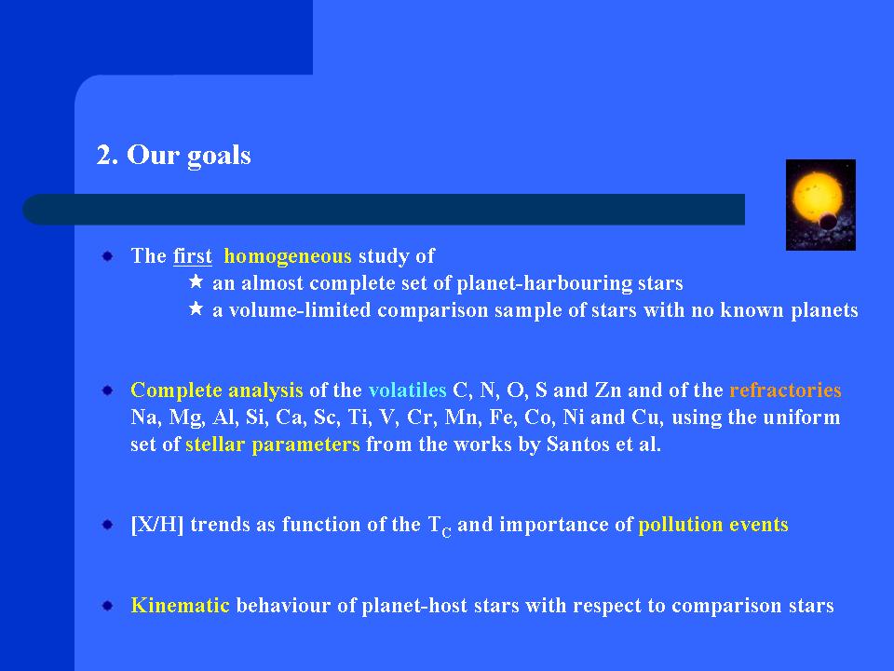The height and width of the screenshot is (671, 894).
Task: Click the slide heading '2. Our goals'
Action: [174, 156]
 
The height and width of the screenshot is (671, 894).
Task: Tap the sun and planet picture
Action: [820, 205]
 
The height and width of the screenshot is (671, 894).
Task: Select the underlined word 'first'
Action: [193, 256]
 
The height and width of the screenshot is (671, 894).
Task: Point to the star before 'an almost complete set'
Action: [196, 281]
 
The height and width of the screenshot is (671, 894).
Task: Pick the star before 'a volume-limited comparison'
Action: [196, 308]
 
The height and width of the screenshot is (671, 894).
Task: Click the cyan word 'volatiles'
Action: [407, 390]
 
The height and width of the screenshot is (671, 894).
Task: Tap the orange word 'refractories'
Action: [785, 390]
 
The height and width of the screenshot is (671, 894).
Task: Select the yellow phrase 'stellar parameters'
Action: [273, 445]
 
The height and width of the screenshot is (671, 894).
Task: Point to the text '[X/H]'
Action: [157, 525]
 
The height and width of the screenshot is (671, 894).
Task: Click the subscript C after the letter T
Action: [446, 533]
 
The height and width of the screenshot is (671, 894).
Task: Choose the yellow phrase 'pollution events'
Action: [713, 525]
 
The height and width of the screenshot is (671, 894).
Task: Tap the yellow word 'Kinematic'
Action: [180, 606]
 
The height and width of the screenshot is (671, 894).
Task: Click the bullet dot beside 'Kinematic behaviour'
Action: [108, 606]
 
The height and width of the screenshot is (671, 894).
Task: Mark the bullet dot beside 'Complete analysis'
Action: [108, 390]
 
